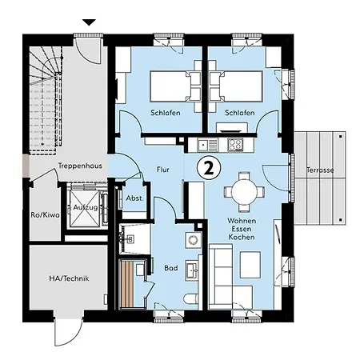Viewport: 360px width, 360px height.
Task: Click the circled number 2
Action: (x=209, y=168)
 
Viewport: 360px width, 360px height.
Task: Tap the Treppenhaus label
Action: (x=80, y=166)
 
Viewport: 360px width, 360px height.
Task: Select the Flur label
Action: (x=162, y=170)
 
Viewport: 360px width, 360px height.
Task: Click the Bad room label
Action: (x=171, y=268)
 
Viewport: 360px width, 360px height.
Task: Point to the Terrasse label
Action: (x=320, y=170)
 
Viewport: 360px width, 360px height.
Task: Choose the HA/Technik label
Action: (x=69, y=278)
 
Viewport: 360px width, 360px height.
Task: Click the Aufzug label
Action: (x=86, y=207)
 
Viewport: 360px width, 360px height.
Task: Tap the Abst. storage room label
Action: (x=134, y=198)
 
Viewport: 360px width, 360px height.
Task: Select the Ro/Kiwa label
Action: (x=45, y=214)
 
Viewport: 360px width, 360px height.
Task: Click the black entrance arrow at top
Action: (x=89, y=22)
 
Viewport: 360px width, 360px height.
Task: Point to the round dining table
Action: (x=244, y=191)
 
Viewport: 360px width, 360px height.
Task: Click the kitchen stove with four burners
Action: (x=235, y=145)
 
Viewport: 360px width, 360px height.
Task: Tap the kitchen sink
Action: (x=207, y=145)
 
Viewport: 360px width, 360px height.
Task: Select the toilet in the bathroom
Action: (x=191, y=302)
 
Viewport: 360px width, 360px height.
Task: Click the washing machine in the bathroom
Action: (x=193, y=240)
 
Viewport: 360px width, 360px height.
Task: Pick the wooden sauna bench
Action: (x=127, y=284)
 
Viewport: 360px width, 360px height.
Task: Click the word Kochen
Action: (x=242, y=237)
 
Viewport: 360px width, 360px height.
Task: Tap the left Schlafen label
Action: (x=166, y=113)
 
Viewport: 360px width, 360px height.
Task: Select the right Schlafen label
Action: (x=240, y=113)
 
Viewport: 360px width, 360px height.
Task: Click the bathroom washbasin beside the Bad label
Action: (x=192, y=270)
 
